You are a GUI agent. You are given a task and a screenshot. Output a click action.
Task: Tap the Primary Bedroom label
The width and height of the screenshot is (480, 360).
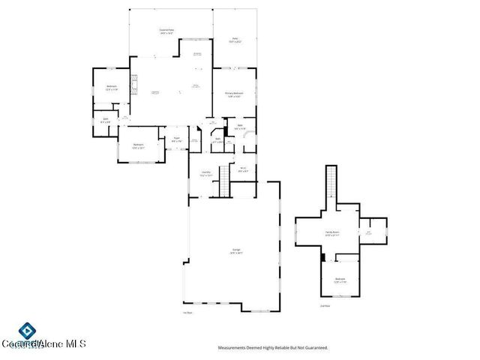[x=233, y=94]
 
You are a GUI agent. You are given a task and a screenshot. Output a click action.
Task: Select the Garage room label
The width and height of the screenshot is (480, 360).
[x=235, y=251]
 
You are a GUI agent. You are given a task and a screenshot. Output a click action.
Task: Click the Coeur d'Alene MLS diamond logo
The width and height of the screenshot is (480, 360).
[x=28, y=331]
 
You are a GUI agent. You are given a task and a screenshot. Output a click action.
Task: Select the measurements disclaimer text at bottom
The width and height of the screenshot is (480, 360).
[x=272, y=347]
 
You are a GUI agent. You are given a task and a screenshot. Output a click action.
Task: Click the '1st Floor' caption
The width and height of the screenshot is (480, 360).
[x=187, y=313]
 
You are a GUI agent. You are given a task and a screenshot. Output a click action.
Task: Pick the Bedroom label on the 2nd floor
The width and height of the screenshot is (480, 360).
[x=340, y=280]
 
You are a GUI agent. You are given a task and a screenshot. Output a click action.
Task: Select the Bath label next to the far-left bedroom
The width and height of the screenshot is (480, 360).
[x=106, y=120]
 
